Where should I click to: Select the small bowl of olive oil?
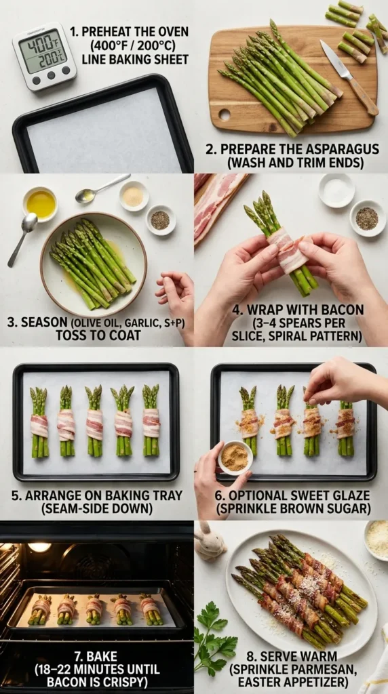(x=41, y=203)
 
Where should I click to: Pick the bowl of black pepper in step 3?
(x=160, y=220)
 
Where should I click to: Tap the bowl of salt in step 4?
(x=336, y=190)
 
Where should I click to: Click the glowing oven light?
(x=39, y=546)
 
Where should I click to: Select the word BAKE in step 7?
(x=97, y=656)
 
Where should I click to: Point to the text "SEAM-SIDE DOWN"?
(x=97, y=509)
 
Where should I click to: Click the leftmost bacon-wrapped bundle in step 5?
(x=39, y=422)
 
